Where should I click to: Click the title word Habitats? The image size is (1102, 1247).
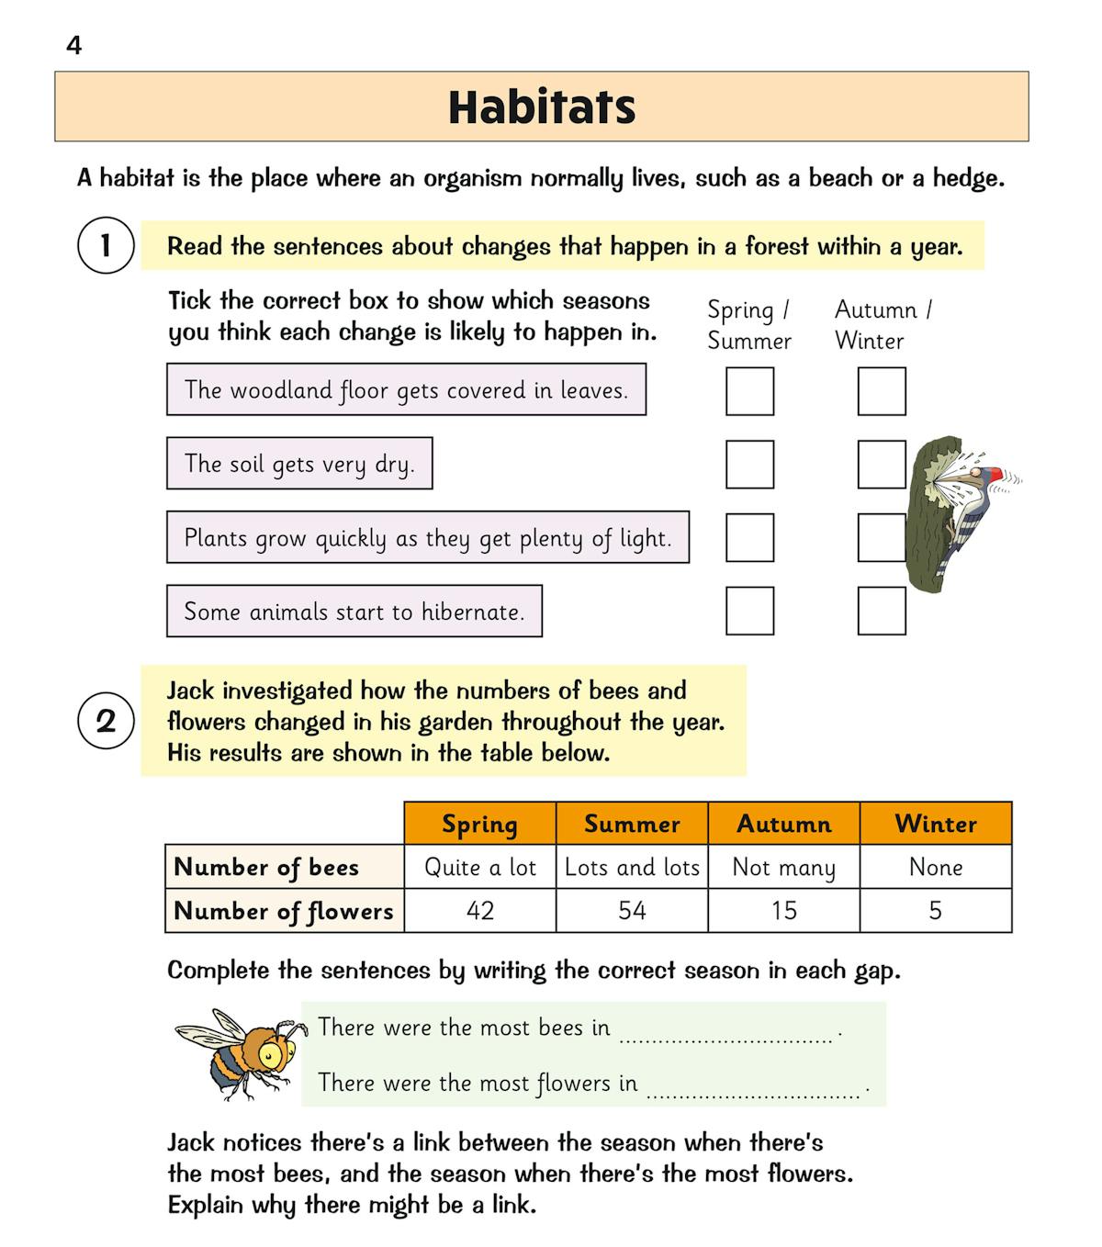[x=542, y=107]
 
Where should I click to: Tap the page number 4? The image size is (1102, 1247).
[x=74, y=45]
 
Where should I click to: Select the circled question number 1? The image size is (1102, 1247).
[x=106, y=245]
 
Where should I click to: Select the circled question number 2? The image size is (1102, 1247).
[x=106, y=721]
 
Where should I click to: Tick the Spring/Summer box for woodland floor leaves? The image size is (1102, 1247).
[x=749, y=391]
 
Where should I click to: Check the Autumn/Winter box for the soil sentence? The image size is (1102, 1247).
[x=881, y=465]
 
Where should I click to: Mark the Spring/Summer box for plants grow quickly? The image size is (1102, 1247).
[x=749, y=538]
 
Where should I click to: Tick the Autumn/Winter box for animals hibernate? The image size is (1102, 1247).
[x=881, y=612]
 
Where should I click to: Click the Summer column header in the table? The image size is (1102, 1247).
[x=632, y=824]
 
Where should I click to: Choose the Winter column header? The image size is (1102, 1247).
[x=936, y=824]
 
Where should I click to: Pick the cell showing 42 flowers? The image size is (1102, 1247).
[x=480, y=911]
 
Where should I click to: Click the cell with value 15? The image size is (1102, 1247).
[x=783, y=911]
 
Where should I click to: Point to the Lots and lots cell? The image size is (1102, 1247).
[x=632, y=867]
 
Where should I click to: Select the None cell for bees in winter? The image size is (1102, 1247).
[x=936, y=867]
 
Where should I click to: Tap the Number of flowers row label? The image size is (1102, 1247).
[x=284, y=911]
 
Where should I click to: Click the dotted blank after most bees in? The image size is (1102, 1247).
[x=725, y=1035]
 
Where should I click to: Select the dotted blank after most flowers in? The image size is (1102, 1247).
[x=753, y=1090]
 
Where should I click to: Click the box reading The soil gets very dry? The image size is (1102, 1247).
[x=299, y=464]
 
